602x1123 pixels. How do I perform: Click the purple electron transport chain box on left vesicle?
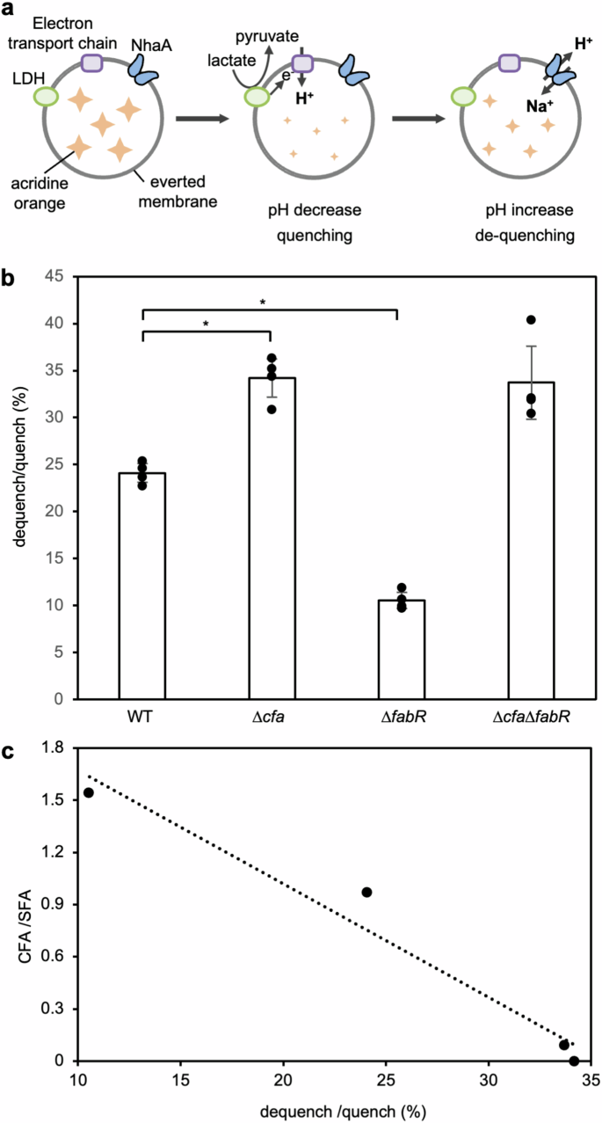click(x=92, y=62)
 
